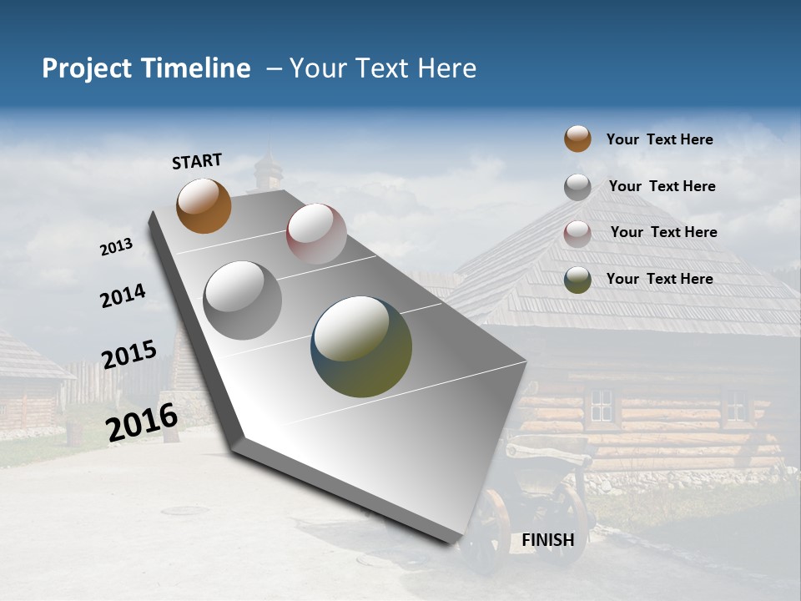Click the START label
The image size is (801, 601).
click(x=197, y=160)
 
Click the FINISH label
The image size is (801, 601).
click(x=548, y=540)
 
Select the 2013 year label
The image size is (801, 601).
click(x=117, y=246)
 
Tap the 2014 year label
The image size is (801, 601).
click(x=123, y=295)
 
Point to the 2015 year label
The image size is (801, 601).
click(x=129, y=355)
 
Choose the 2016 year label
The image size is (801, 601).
click(x=142, y=422)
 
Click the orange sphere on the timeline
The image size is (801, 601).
click(x=204, y=206)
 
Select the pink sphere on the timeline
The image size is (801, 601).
click(x=316, y=234)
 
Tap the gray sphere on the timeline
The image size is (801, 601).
click(x=242, y=300)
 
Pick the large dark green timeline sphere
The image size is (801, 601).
click(x=361, y=346)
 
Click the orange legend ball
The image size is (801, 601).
click(x=577, y=139)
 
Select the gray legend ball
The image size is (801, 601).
click(x=577, y=186)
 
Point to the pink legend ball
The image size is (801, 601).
click(x=577, y=233)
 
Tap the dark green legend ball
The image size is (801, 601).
click(x=577, y=280)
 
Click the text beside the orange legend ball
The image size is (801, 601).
click(x=659, y=139)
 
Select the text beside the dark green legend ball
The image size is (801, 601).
click(x=659, y=279)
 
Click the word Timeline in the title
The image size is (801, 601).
click(x=195, y=68)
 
